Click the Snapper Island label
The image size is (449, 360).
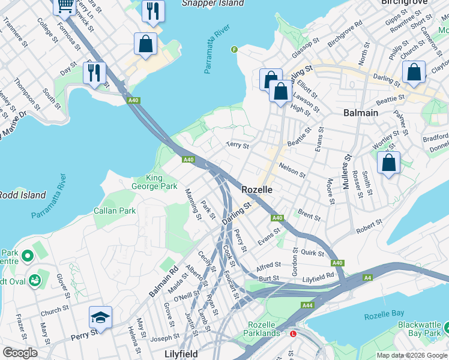212,3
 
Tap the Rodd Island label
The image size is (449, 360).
22,195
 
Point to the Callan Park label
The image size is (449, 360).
115,211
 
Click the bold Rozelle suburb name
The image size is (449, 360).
257,189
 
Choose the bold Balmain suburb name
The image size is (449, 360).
361,112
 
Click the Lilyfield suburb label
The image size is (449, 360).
181,354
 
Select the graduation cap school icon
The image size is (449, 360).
100,317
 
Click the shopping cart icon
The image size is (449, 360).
65,5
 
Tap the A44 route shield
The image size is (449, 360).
307,305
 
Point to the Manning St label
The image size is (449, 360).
192,203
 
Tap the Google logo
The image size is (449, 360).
20,352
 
